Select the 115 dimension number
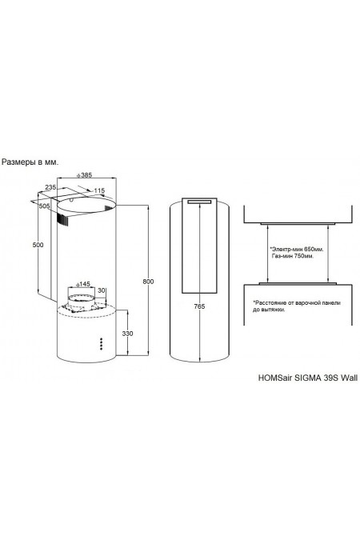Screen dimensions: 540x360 pos(99,190)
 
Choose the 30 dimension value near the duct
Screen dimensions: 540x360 pos(102,290)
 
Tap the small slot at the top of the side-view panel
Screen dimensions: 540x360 pos(198,202)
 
